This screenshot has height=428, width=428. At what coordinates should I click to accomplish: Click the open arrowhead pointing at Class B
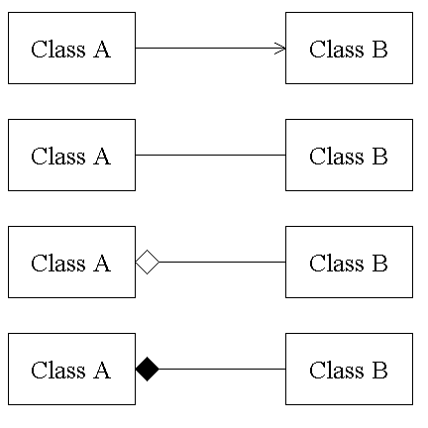pos(280,49)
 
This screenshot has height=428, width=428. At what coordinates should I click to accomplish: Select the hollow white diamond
pos(148,262)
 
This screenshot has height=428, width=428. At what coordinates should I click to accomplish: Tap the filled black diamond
pos(148,369)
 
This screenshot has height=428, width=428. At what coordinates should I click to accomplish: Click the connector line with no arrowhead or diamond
pos(210,155)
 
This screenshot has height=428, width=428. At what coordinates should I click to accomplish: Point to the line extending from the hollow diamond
pos(222,262)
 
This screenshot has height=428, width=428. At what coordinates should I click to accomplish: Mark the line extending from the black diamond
pos(222,369)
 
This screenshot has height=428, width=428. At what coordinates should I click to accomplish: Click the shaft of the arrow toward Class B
pos(210,49)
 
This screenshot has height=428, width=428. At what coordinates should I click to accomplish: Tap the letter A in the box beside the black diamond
pos(102,370)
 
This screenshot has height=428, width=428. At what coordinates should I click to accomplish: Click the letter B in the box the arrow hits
pos(380,49)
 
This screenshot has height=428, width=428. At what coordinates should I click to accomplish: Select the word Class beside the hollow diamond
pos(58,263)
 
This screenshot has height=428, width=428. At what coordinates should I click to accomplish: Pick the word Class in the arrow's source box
pos(58,49)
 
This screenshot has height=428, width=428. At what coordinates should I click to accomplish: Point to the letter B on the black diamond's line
pos(380,370)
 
